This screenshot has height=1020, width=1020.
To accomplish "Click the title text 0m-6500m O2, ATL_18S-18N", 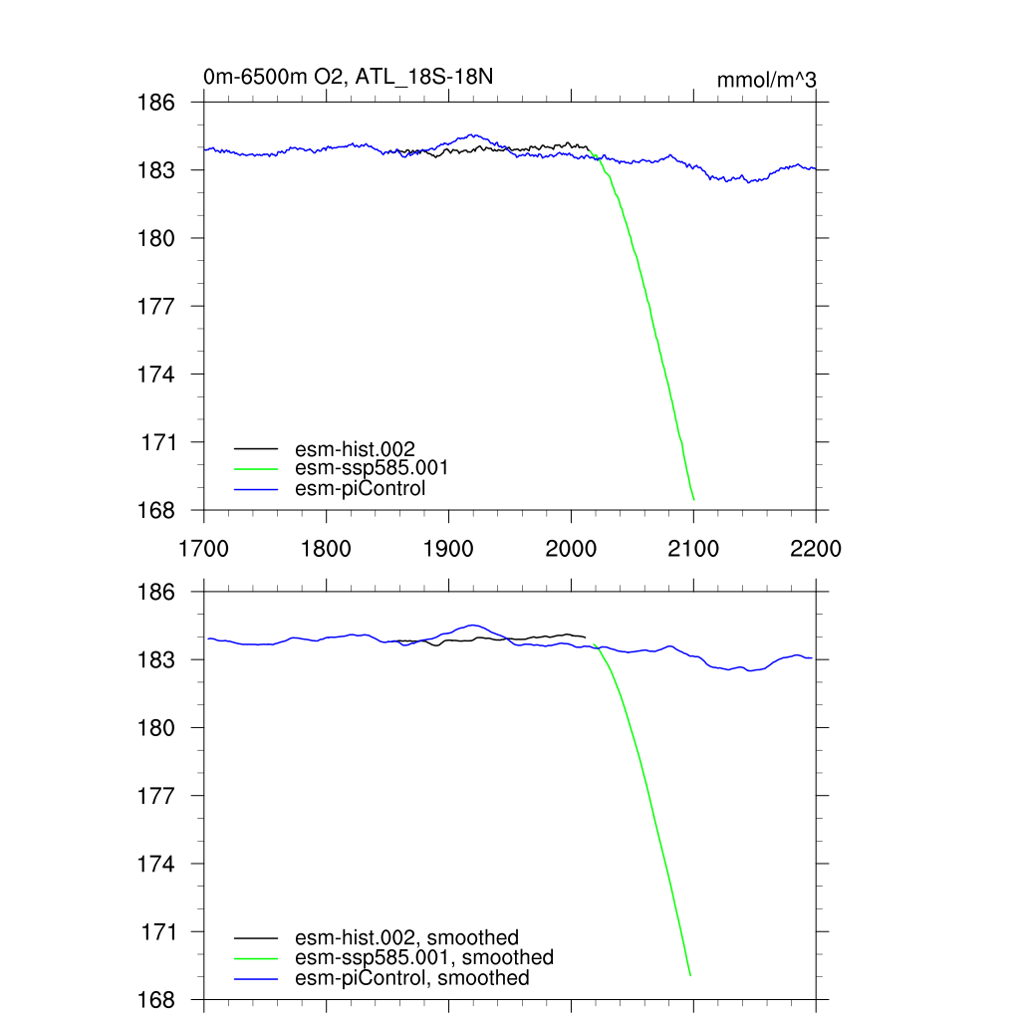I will (x=348, y=77).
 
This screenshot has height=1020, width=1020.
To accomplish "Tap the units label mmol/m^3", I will (x=767, y=80).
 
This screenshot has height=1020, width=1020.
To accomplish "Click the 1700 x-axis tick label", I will (x=203, y=549).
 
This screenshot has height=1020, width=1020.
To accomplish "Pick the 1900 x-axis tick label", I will (x=448, y=549).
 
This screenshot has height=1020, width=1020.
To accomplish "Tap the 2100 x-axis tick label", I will (x=693, y=549).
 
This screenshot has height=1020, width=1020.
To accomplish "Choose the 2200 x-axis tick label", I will (x=816, y=549).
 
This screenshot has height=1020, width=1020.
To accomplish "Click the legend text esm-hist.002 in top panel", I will (x=355, y=448).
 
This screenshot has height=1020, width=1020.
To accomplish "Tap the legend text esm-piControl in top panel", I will (x=361, y=488).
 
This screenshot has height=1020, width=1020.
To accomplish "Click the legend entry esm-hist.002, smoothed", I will (x=406, y=937).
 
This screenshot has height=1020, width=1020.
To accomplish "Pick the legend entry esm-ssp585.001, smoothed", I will (x=424, y=957).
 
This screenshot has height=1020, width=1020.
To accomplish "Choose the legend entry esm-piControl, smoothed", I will (x=412, y=978).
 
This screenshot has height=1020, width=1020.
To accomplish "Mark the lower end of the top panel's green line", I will (x=693, y=499).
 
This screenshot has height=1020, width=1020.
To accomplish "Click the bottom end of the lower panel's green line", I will (x=690, y=975).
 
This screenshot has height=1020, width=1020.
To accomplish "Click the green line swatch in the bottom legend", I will (x=256, y=958).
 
